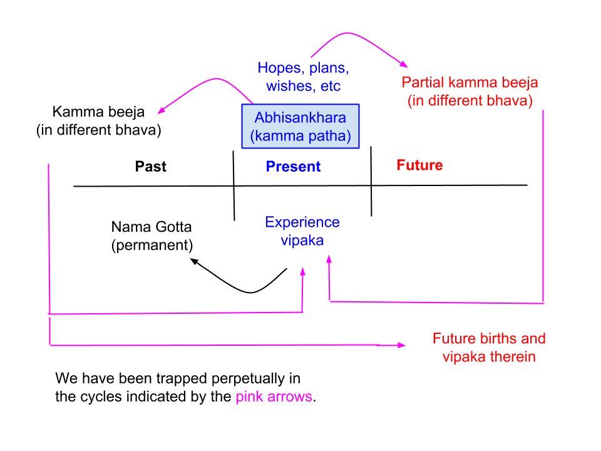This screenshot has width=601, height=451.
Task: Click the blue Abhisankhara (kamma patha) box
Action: tap(300, 126)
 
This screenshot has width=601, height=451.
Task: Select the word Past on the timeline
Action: tap(151, 166)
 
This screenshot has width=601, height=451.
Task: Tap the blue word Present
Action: tap(293, 167)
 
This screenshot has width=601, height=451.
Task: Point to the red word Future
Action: tap(419, 165)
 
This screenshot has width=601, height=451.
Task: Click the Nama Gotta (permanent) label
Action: tap(152, 236)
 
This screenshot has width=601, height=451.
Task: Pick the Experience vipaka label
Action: tap(302, 231)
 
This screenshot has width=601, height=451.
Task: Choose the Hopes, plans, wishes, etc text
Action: tap(303, 76)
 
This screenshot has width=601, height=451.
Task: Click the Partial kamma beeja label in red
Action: tap(470, 91)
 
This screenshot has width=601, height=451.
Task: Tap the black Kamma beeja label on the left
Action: tap(98, 122)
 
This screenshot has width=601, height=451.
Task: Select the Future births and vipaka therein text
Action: tap(489, 348)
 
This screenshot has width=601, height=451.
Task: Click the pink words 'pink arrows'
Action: tap(274, 397)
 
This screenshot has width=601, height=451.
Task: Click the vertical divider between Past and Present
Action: tap(234, 185)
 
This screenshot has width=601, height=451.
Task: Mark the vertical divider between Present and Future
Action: tap(371, 182)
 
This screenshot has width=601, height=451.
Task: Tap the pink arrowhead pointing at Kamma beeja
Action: tap(161, 111)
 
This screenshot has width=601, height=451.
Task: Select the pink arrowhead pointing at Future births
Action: tap(401, 345)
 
